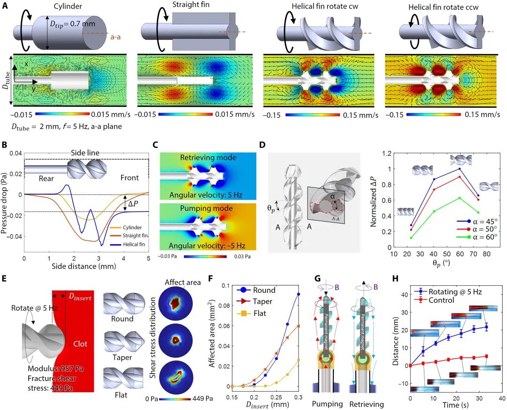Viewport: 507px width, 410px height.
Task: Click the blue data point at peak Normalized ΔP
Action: pyautogui.click(x=460, y=169)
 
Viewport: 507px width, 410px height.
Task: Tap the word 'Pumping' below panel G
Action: pyautogui.click(x=327, y=403)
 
